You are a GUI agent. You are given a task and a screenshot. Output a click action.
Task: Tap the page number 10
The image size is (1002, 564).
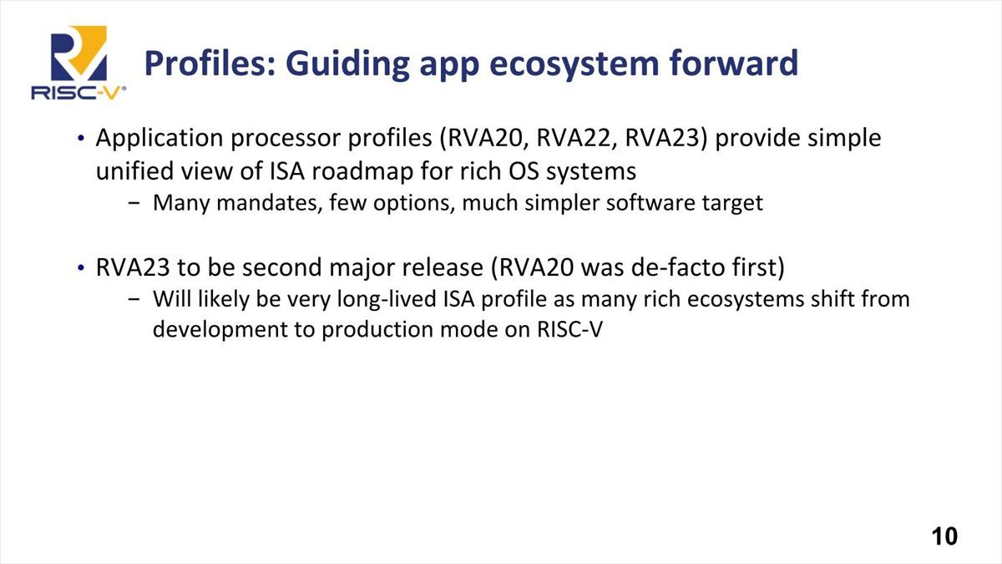tap(944, 536)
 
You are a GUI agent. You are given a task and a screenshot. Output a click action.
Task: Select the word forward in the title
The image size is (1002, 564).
tap(734, 64)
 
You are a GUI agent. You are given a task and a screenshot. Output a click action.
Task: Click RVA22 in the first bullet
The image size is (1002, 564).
tap(574, 138)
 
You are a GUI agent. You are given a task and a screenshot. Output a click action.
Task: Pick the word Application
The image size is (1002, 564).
tap(159, 139)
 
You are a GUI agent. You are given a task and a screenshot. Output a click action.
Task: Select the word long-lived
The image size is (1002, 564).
tap(387, 299)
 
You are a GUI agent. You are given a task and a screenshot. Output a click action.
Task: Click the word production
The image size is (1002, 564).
tap(377, 330)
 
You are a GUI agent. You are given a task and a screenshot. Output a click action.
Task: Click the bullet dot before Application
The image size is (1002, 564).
tap(80, 138)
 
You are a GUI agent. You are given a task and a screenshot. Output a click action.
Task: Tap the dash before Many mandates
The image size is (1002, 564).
tap(134, 203)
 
